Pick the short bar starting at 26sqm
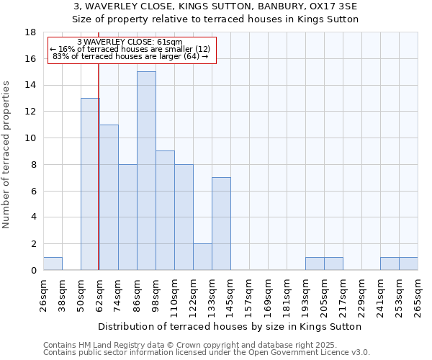coord(53,264)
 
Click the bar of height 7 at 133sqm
coord(221,224)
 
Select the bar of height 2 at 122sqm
coord(202,257)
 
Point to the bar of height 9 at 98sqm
coord(165,210)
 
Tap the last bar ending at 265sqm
coord(408,264)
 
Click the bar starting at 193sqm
coord(315,264)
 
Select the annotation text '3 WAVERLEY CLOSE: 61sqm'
coord(130,42)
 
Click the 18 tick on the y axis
coord(32,32)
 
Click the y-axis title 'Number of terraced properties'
coord(7,155)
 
